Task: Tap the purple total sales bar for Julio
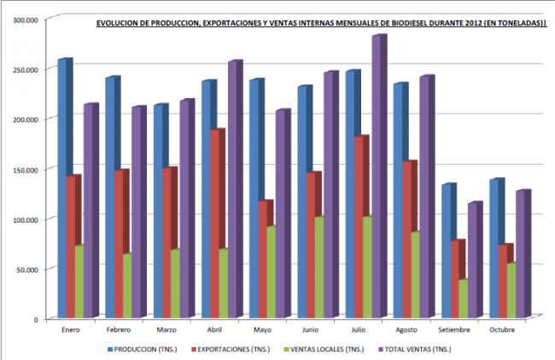[x=377, y=171]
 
